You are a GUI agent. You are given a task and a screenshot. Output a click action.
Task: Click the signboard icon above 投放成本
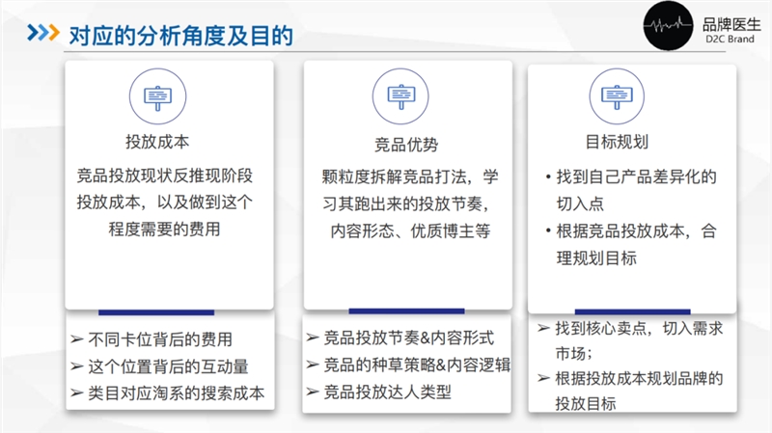(156, 95)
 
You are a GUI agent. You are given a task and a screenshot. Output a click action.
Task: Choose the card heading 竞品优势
(406, 145)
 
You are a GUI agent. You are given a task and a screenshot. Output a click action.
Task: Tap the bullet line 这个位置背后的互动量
(168, 366)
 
